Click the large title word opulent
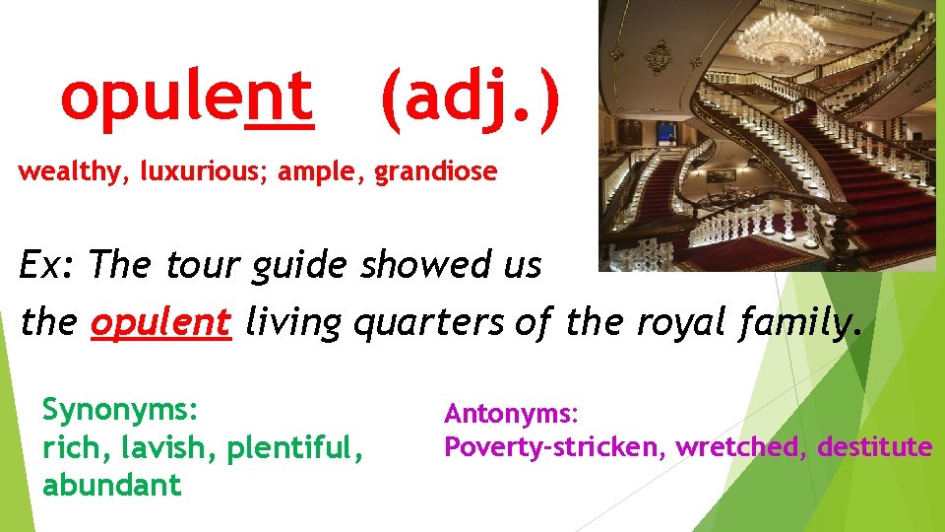(187, 99)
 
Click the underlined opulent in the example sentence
(160, 321)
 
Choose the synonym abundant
(112, 485)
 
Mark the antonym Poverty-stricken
(554, 447)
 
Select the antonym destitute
(874, 447)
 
